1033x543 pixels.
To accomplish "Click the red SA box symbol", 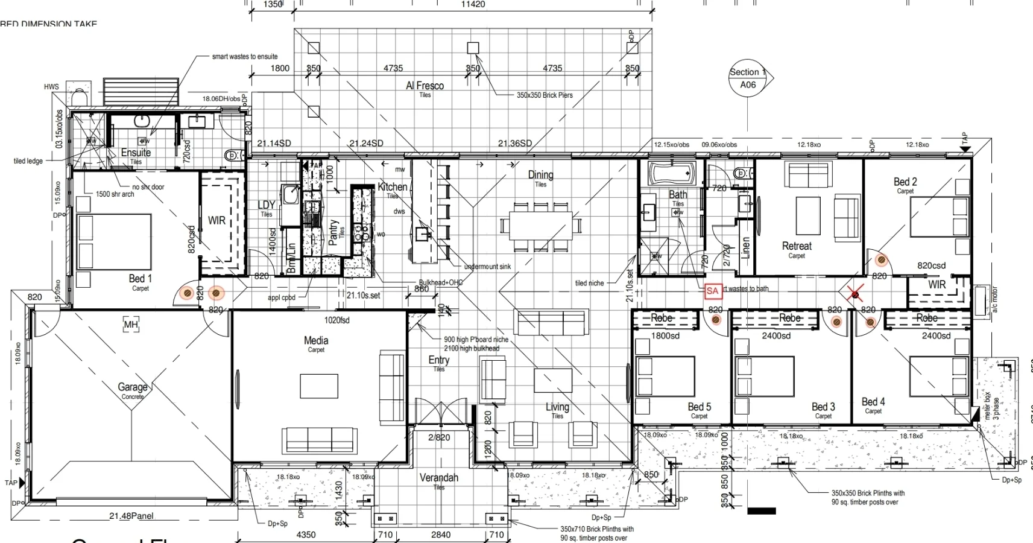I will point(712,291).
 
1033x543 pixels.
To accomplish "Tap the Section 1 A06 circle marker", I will point(748,78).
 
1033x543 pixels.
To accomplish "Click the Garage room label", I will point(133,387).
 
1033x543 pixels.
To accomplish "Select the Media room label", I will point(316,341).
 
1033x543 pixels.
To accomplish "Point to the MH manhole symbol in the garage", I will point(131,325).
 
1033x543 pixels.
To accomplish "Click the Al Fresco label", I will point(425,86).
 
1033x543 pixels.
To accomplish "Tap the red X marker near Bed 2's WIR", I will point(854,294).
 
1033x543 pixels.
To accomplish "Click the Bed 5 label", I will point(700,407).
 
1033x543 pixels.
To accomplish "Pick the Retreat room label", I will point(797,246).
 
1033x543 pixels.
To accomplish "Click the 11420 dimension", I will point(473,4).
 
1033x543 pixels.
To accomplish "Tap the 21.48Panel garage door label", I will point(131,516).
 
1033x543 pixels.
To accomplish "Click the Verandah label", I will point(439,478).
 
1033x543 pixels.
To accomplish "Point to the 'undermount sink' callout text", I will point(487,267).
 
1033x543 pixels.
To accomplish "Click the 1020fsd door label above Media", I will point(336,320).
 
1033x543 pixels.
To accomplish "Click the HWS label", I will point(51,87).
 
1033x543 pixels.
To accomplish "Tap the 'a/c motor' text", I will point(995,299).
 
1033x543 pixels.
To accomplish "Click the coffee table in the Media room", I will point(320,385).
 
